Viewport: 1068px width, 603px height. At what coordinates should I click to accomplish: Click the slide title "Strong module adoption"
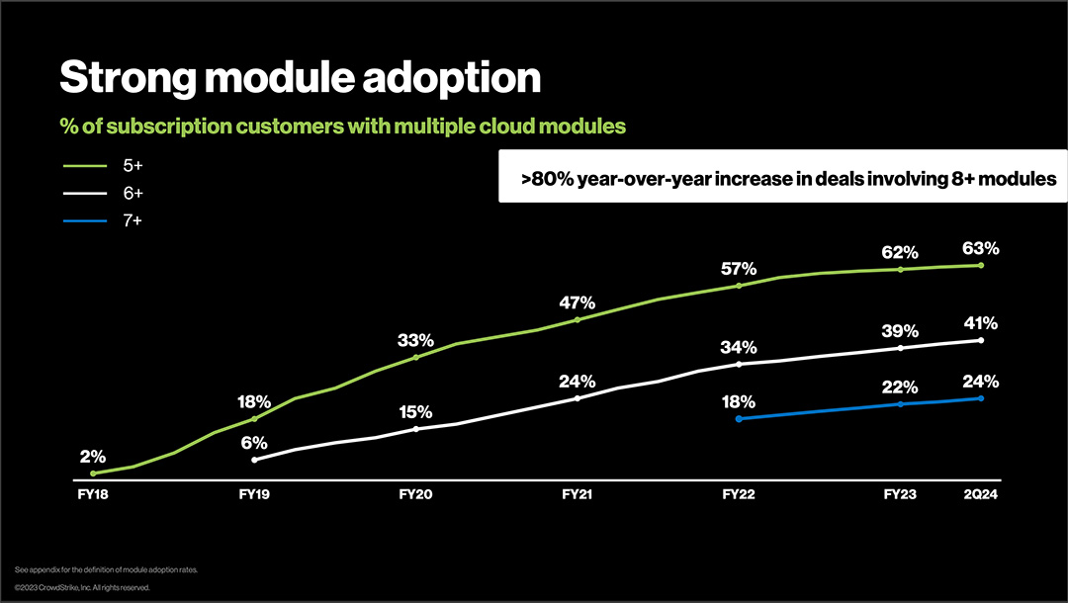(x=301, y=78)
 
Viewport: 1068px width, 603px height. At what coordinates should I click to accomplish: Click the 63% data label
(x=979, y=248)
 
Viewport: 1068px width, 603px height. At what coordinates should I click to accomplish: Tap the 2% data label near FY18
(x=92, y=457)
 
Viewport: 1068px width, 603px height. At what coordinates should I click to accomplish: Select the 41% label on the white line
(x=979, y=323)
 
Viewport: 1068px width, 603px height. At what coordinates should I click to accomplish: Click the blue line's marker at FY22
(x=739, y=419)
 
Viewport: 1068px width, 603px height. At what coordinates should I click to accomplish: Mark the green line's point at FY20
(x=415, y=357)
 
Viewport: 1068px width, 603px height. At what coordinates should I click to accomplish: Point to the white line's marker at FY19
(x=254, y=460)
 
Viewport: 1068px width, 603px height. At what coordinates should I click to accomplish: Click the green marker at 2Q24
(x=980, y=265)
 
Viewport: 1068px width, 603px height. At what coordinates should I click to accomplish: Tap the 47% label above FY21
(x=577, y=302)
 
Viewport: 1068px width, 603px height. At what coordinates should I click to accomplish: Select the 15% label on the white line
(x=415, y=412)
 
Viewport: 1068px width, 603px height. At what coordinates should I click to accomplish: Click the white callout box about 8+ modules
(x=782, y=176)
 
